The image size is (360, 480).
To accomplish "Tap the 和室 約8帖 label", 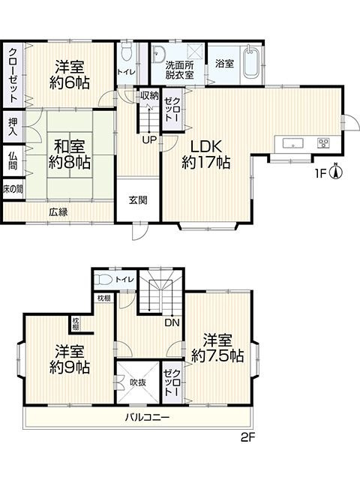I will click(70, 153).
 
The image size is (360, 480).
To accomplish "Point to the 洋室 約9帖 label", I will click(72, 359).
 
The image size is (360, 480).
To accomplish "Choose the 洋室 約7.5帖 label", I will click(217, 347).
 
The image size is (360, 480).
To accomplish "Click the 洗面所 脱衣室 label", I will click(180, 69).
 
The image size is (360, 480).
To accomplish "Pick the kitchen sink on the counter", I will click(290, 143).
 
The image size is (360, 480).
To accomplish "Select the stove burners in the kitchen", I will click(323, 143).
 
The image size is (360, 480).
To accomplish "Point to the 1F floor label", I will click(320, 175).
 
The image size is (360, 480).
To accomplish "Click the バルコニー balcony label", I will click(147, 417).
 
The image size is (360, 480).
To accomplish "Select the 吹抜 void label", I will click(137, 382).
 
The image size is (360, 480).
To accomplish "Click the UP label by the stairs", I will click(151, 139).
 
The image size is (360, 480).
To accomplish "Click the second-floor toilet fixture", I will click(106, 279).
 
